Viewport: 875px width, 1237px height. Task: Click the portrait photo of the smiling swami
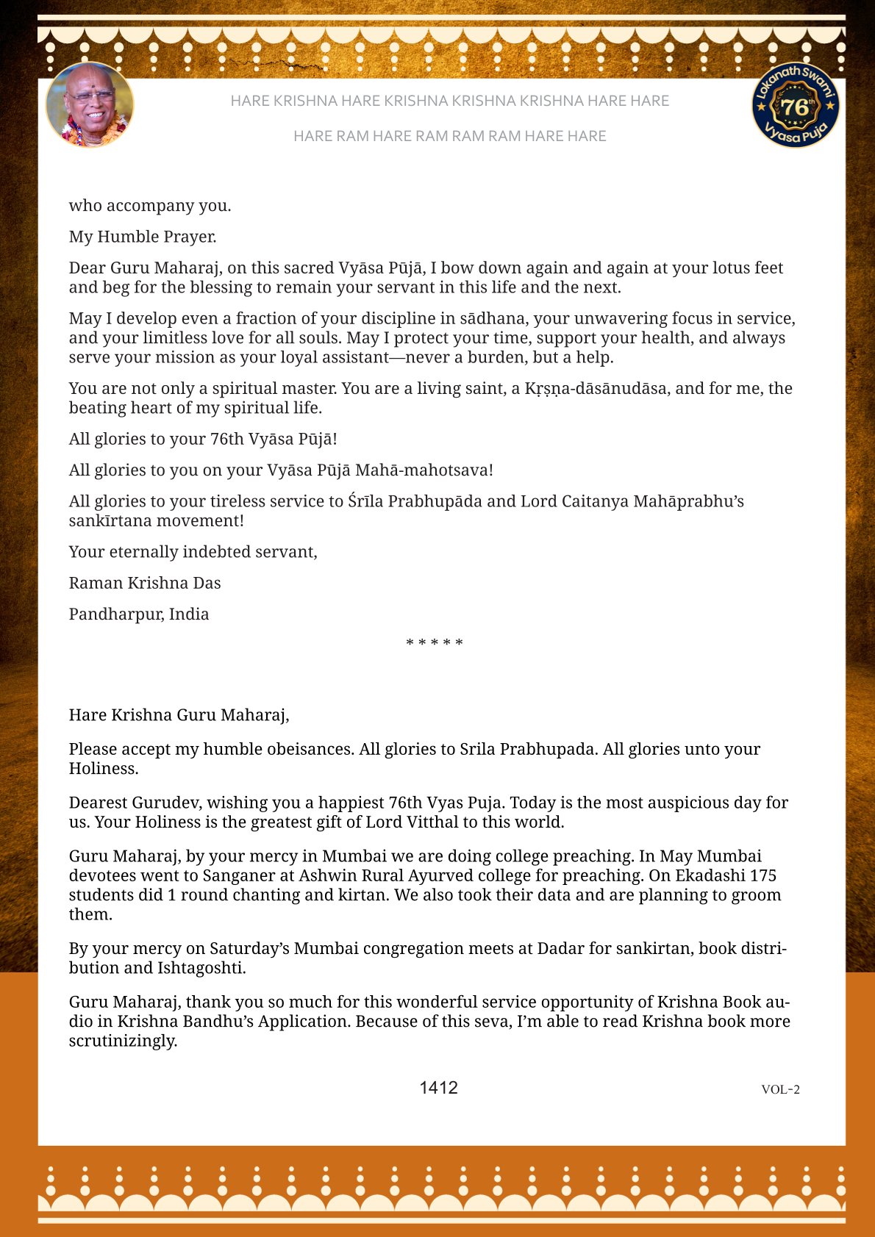[x=90, y=104]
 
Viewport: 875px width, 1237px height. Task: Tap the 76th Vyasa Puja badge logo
[x=796, y=105]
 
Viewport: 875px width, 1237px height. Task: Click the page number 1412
[x=438, y=1088]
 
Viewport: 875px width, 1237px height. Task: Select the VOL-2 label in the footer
[x=780, y=1089]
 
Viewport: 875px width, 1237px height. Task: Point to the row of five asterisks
[x=435, y=643]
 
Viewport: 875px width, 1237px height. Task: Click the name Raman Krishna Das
[x=145, y=583]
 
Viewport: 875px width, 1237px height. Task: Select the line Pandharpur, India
[x=139, y=614]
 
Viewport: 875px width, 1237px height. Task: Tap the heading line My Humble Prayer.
[x=143, y=237]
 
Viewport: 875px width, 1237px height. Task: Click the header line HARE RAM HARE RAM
[x=449, y=136]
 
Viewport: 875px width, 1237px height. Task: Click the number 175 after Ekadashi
[x=762, y=875]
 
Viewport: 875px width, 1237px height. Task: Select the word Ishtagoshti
[x=200, y=968]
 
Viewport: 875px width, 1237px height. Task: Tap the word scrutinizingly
[x=123, y=1041]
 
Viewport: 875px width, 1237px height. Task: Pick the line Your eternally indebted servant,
[x=193, y=552]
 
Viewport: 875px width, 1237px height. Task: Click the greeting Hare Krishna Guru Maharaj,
[x=179, y=714]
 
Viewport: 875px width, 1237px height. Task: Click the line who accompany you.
[x=150, y=205]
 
